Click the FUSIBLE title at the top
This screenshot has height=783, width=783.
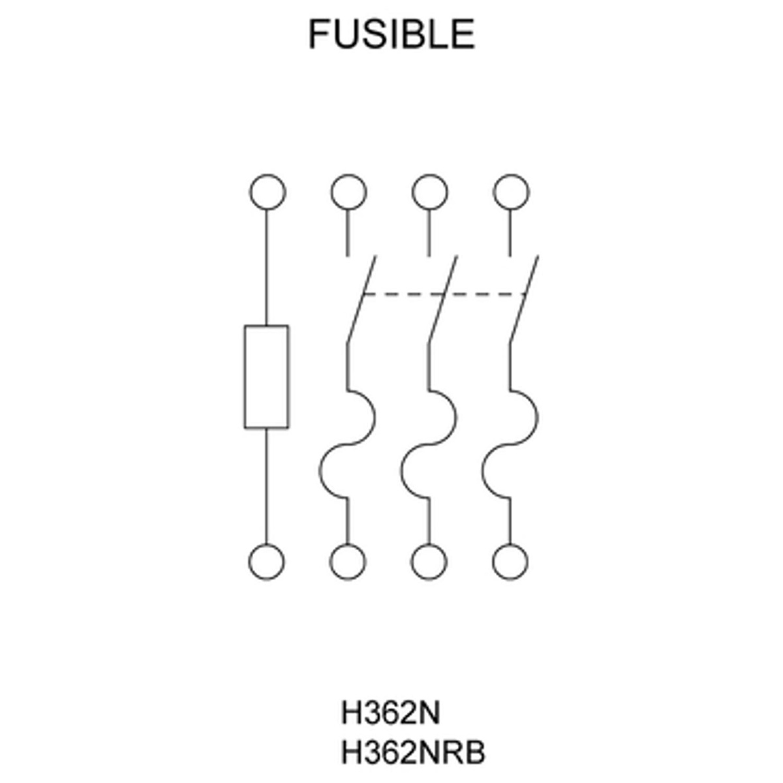point(391,34)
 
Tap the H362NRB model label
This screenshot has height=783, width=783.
point(413,753)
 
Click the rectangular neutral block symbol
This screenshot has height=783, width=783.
point(266,376)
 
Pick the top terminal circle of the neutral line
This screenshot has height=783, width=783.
point(267,192)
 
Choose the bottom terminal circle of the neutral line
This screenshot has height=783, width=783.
point(267,561)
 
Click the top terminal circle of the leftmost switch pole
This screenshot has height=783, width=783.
point(348,192)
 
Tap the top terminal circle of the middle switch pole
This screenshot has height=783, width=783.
point(429,192)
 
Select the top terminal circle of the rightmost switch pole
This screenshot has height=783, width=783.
point(511,192)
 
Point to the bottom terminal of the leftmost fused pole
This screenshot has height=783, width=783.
point(348,561)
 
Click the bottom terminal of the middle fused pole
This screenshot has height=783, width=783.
point(429,561)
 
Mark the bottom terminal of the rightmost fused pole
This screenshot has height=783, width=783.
point(510,561)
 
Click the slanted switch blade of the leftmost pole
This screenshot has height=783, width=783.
point(361,299)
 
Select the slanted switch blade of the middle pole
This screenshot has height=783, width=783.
point(442,299)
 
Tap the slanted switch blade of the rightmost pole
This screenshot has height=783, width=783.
point(524,299)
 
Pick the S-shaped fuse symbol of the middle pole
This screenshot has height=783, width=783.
point(429,444)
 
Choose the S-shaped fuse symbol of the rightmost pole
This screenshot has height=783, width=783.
point(511,444)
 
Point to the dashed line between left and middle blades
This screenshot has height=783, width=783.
point(403,295)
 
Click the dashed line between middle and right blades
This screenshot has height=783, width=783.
point(485,295)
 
